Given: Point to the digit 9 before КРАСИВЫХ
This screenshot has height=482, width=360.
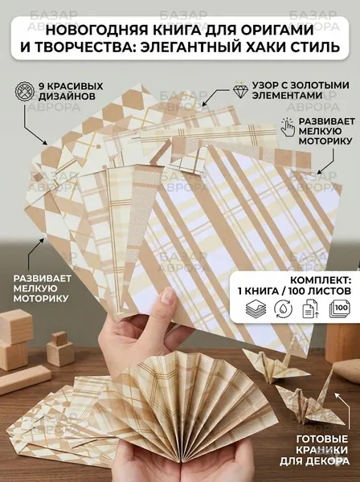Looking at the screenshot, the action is point(41,86).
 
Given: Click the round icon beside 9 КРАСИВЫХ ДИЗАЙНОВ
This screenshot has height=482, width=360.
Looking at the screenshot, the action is point(24,91).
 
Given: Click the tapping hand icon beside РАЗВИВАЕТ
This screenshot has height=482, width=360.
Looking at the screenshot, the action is point(288,127).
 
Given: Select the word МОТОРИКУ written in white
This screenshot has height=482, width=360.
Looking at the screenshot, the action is point(41,298).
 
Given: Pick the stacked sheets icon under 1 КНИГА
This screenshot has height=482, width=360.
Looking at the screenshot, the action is point(256,308).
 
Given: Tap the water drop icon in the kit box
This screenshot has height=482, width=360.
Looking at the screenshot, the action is point(283,308).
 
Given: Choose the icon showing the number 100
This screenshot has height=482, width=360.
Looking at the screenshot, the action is point(340,308).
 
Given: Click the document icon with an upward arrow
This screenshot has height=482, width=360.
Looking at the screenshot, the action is point(310,308).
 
